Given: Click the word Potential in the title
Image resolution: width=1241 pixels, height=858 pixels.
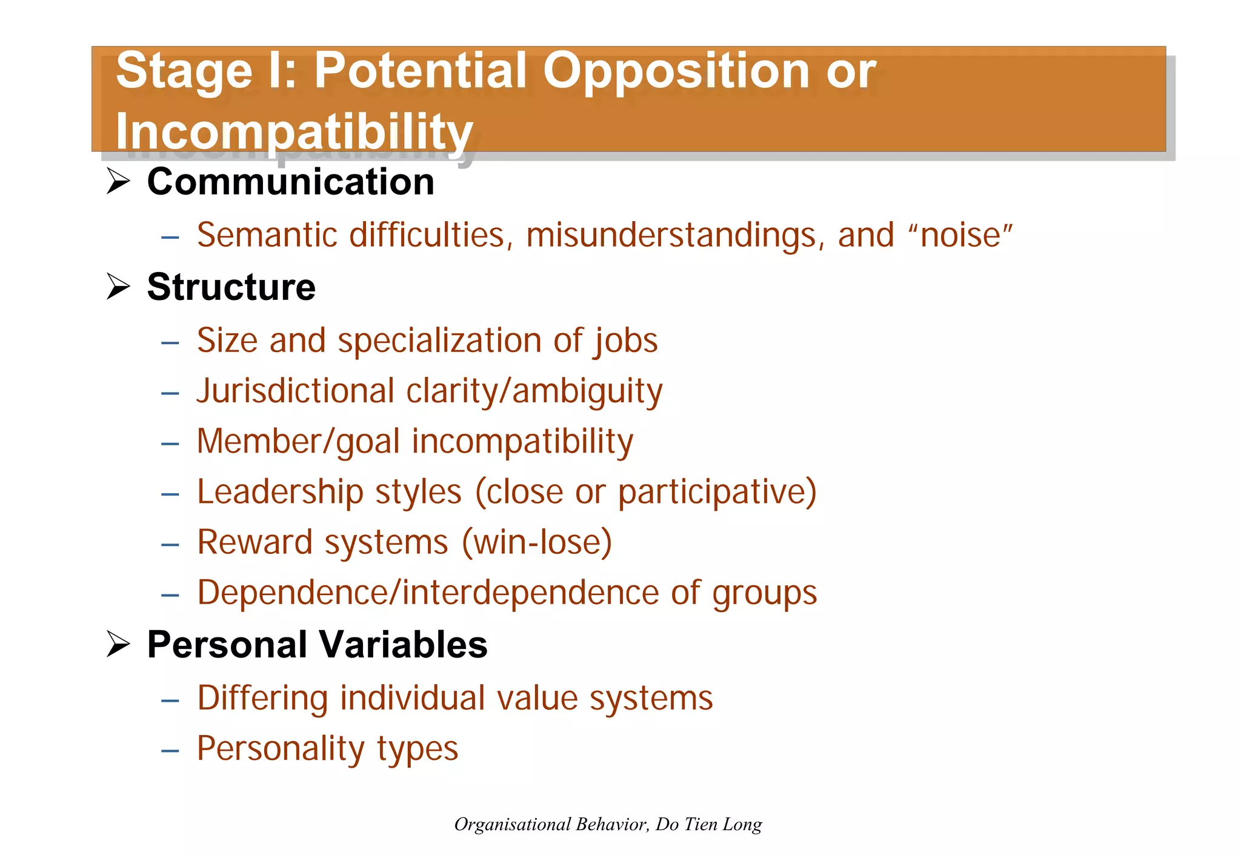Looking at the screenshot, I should coord(421,71).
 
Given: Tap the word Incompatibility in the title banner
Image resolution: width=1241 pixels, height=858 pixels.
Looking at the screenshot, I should coord(294,131).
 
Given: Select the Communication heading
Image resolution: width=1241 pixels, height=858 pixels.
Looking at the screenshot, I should coord(290,182).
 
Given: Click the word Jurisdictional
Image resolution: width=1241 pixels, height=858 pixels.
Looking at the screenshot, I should coord(296,391).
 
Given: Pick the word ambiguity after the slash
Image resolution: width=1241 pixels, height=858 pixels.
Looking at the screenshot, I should coord(587,392).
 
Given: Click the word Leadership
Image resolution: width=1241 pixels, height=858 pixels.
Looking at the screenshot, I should coord(280,491).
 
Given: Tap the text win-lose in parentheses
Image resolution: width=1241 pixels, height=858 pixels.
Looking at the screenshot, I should coord(537,542).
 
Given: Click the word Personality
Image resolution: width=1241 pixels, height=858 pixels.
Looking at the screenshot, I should coord(281,749).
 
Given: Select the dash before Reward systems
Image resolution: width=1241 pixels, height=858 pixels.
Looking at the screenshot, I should coord(170,544).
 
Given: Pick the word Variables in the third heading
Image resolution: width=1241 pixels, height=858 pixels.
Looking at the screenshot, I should coord(403,644).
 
